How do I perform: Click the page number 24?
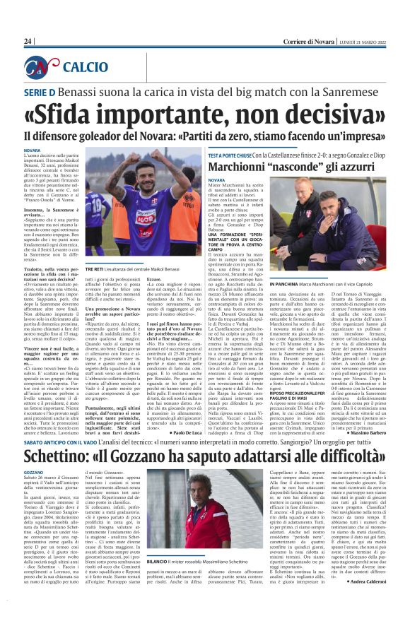[28, 42]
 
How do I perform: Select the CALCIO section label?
[86, 68]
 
